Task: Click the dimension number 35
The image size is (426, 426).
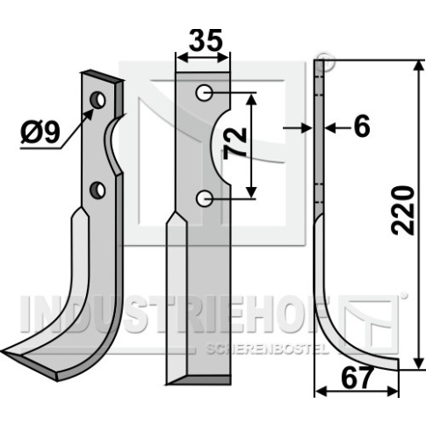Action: pos(206,40)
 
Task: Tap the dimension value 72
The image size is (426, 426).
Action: pos(235,144)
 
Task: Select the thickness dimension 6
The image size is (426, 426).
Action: pos(362,127)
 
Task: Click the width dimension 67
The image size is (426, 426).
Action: pos(357,378)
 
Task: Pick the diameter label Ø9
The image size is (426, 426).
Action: pos(40,133)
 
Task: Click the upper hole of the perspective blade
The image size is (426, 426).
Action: pos(98,100)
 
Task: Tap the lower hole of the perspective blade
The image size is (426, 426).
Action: pos(97,190)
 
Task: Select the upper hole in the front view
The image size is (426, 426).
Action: pos(205,93)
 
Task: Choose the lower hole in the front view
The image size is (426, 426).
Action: pos(204,199)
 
